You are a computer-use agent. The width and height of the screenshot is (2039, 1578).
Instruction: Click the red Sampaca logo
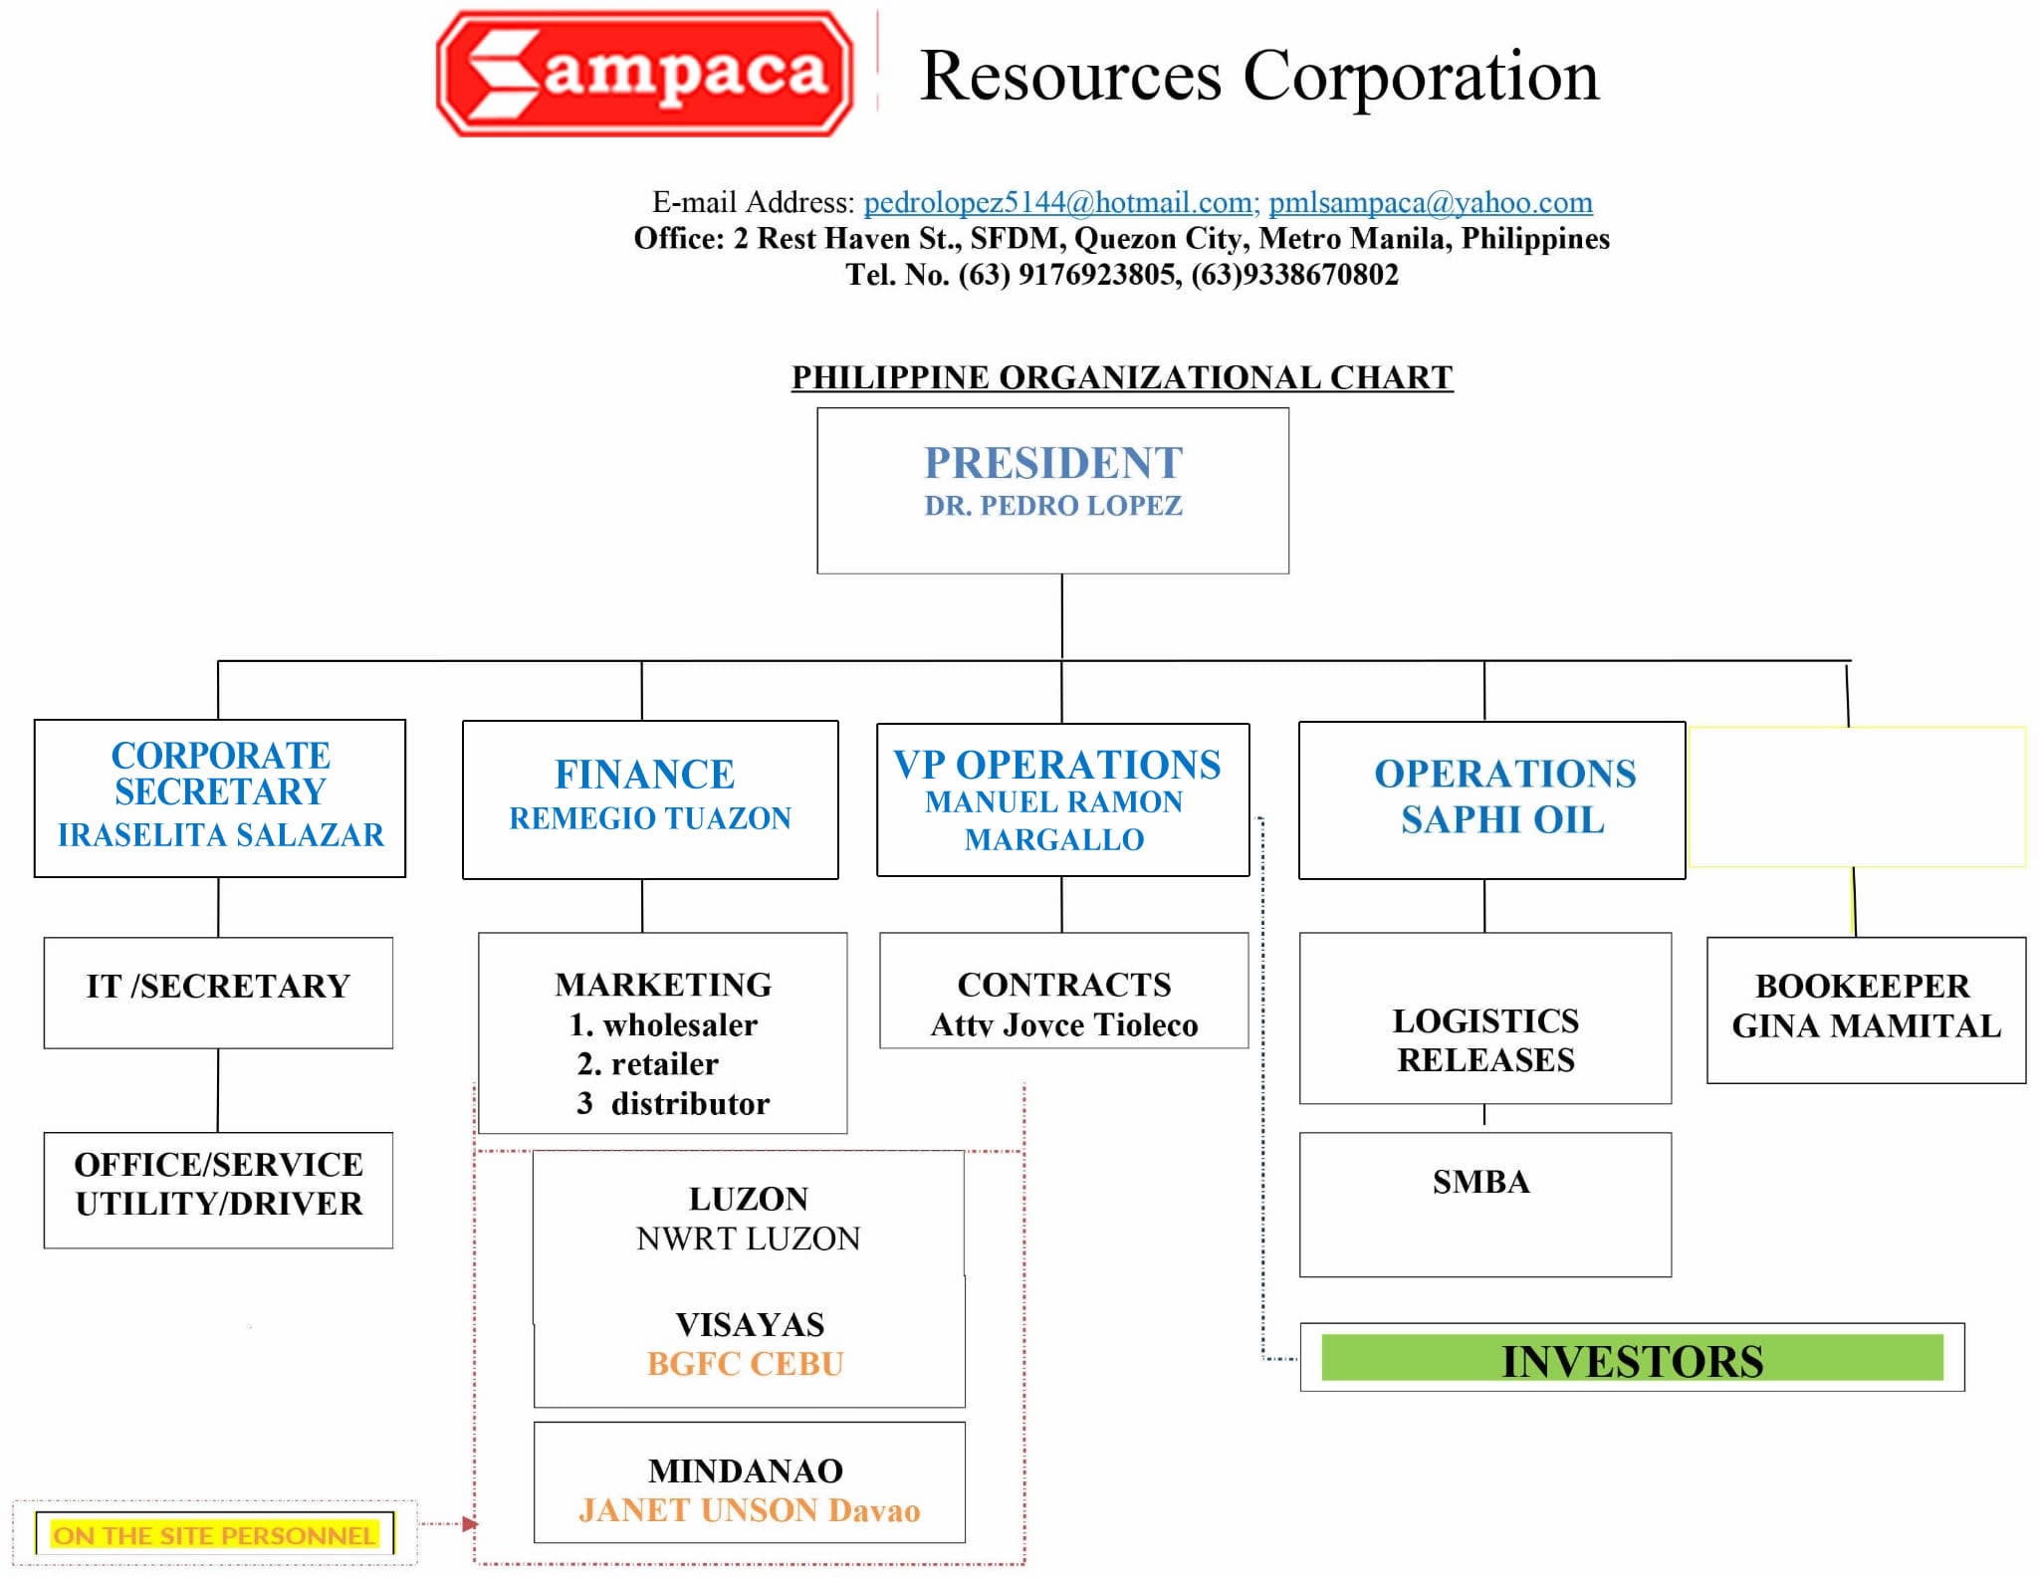[645, 73]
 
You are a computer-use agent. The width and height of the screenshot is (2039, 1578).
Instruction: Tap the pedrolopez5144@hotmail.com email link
[1061, 202]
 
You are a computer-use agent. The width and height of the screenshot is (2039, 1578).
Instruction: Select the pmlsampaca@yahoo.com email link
[1431, 202]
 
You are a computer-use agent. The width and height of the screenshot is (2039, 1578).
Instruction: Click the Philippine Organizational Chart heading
[1122, 377]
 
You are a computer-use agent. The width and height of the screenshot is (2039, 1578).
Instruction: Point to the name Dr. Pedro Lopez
[1053, 506]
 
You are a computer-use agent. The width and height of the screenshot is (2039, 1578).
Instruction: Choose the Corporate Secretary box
[220, 798]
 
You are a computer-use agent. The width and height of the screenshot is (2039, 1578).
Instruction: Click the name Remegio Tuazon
[650, 818]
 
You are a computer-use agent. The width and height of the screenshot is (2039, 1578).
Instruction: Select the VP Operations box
[1063, 799]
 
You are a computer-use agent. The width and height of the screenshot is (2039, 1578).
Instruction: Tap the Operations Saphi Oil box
[1491, 800]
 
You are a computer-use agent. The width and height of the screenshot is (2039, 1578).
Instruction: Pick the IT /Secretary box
[218, 993]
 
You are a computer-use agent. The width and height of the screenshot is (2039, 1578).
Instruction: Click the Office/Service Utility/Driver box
[218, 1190]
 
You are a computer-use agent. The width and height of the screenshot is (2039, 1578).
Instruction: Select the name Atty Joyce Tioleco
[1064, 1024]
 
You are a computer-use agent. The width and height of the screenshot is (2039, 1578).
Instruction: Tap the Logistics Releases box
[1485, 1018]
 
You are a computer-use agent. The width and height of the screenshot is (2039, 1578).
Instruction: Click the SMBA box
[1485, 1205]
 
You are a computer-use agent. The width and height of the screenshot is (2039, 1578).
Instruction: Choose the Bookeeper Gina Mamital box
[1867, 1011]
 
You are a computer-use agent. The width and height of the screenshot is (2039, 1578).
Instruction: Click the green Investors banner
[1632, 1358]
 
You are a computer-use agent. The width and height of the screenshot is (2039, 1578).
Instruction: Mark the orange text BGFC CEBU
[746, 1364]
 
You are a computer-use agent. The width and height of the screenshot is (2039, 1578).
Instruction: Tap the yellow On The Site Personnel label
[215, 1534]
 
